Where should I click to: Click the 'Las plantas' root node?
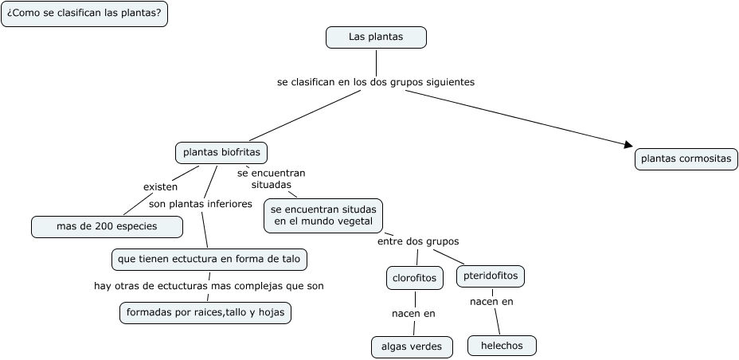pyautogui.click(x=376, y=37)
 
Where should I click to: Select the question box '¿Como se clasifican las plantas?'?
pyautogui.click(x=84, y=14)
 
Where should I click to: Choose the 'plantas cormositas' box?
pyautogui.click(x=686, y=159)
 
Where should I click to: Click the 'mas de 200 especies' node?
pyautogui.click(x=107, y=227)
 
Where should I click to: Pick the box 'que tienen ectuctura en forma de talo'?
pyautogui.click(x=209, y=259)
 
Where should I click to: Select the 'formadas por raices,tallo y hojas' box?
pyautogui.click(x=205, y=313)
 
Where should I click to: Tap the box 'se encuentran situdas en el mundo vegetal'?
pyautogui.click(x=323, y=215)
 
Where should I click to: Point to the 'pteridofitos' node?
pyautogui.click(x=491, y=276)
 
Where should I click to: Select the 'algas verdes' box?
pyautogui.click(x=412, y=346)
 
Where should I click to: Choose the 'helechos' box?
pyautogui.click(x=501, y=345)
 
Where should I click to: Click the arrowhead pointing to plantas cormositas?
pyautogui.click(x=628, y=145)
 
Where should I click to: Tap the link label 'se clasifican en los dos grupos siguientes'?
pyautogui.click(x=376, y=81)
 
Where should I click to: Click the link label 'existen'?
pyautogui.click(x=160, y=186)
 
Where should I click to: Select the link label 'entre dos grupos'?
pyautogui.click(x=417, y=241)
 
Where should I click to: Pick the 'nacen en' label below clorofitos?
pyautogui.click(x=413, y=313)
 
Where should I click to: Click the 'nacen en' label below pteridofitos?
pyautogui.click(x=491, y=301)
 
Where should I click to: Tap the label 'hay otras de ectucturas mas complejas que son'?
pyautogui.click(x=209, y=285)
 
